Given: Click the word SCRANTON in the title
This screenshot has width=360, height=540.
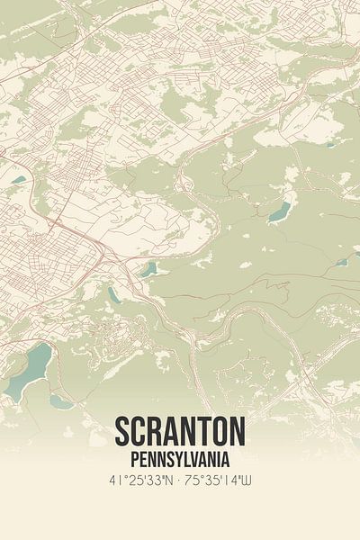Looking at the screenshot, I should (x=180, y=433).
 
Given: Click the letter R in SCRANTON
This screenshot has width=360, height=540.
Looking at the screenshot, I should (x=158, y=433).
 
